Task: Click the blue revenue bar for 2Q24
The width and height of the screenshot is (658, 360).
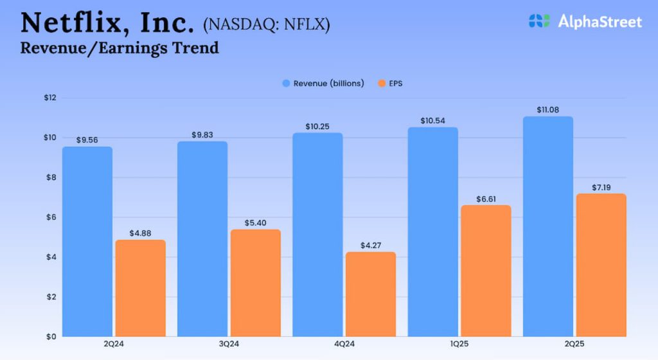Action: pyautogui.click(x=87, y=242)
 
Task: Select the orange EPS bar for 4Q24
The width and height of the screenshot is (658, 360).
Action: pyautogui.click(x=371, y=294)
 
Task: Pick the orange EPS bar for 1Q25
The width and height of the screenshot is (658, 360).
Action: pyautogui.click(x=486, y=271)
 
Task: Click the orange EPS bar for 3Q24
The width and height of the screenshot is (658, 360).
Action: pyautogui.click(x=256, y=283)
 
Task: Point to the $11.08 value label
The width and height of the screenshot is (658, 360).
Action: pyautogui.click(x=548, y=110)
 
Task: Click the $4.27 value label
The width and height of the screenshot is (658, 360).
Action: pyautogui.click(x=371, y=244)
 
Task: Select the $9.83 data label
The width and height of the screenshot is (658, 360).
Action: pyautogui.click(x=202, y=134)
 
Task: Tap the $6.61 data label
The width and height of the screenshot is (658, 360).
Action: pyautogui.click(x=486, y=198)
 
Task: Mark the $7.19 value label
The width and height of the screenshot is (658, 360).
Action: pyautogui.click(x=601, y=187)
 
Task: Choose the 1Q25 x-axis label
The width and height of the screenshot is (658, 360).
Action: pyautogui.click(x=459, y=345)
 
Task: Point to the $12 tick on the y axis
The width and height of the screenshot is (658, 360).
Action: pyautogui.click(x=49, y=98)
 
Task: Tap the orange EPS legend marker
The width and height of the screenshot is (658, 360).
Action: pyautogui.click(x=381, y=84)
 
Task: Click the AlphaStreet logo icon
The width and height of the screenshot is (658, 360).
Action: pyautogui.click(x=538, y=21)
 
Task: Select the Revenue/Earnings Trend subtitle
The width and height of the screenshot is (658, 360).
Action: pyautogui.click(x=120, y=48)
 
